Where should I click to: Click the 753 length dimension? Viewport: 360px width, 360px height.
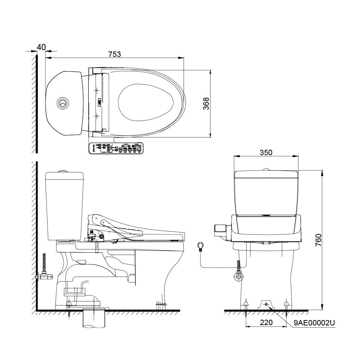point(114,54)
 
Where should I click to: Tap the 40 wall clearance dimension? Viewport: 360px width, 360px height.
point(41,47)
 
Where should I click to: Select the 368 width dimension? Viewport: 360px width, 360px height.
point(206,104)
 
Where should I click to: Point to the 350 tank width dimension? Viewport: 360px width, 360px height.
point(266,152)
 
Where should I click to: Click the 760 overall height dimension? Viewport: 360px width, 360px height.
point(318,240)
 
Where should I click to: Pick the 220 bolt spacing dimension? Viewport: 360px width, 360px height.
point(266,323)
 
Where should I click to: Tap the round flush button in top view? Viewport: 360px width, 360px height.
point(62,103)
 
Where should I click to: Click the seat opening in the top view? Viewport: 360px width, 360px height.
point(146,103)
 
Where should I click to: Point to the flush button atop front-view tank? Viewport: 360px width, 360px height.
point(266,169)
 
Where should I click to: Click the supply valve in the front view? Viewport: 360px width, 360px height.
point(238,275)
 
